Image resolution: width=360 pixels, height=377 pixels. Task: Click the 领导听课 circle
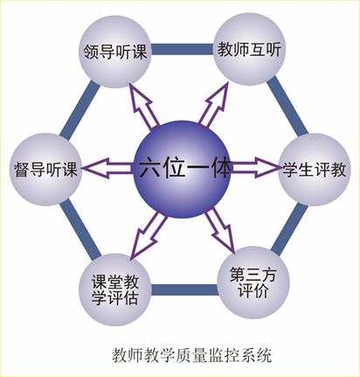tap(115, 52)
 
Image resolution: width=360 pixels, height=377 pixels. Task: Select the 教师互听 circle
tap(249, 49)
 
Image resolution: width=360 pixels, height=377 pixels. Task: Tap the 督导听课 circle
tap(45, 170)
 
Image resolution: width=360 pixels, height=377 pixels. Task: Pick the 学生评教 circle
tap(315, 170)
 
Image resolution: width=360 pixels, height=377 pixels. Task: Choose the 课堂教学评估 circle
tap(115, 290)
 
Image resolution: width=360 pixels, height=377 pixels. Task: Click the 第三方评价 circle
tap(253, 283)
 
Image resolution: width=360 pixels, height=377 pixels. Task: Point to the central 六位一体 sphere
tap(182, 170)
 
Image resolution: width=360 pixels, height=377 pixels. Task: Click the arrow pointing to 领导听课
tap(143, 107)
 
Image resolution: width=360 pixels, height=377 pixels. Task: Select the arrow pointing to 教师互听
tap(213, 104)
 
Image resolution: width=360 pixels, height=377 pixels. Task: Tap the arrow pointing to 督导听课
tap(107, 168)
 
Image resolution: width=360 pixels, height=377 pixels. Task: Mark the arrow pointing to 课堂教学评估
tap(149, 235)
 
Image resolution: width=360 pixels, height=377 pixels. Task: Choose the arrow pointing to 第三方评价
tap(220, 230)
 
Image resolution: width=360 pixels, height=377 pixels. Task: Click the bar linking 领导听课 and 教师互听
tap(183, 49)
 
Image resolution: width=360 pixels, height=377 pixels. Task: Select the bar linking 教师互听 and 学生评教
tap(287, 106)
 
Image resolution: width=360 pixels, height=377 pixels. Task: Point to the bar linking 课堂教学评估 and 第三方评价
tap(184, 290)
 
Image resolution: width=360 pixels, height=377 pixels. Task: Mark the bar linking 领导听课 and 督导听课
tap(80, 108)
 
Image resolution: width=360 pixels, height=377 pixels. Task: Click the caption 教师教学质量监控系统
tap(192, 355)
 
